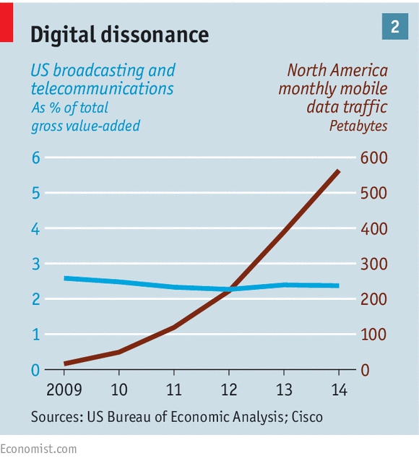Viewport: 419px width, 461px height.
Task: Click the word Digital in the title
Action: (64, 35)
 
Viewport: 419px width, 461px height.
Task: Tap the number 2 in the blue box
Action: (395, 27)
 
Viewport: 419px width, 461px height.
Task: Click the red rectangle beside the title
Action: (7, 22)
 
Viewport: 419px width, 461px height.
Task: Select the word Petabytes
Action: (358, 126)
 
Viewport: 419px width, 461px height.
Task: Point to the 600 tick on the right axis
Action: (374, 158)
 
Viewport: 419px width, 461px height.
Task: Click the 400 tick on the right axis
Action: (374, 229)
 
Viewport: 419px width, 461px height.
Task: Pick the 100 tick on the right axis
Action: (373, 335)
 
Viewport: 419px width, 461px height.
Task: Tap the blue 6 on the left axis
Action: (35, 158)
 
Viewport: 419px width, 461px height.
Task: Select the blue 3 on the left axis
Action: (35, 264)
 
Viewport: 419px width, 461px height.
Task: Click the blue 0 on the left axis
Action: (35, 370)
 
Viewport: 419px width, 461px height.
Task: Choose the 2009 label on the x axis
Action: (64, 390)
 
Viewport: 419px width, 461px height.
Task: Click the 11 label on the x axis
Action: (174, 390)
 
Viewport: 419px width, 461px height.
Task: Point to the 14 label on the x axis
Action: (339, 390)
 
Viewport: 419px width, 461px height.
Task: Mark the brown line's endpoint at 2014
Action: (338, 171)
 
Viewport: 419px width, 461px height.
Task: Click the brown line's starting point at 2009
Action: (65, 363)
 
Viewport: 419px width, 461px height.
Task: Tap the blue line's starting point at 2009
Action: (65, 278)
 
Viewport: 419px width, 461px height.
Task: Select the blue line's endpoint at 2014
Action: (338, 285)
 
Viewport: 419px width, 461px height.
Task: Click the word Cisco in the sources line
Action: (307, 417)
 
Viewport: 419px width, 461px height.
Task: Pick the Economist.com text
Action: (38, 449)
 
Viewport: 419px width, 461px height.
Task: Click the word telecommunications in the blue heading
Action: (103, 88)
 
